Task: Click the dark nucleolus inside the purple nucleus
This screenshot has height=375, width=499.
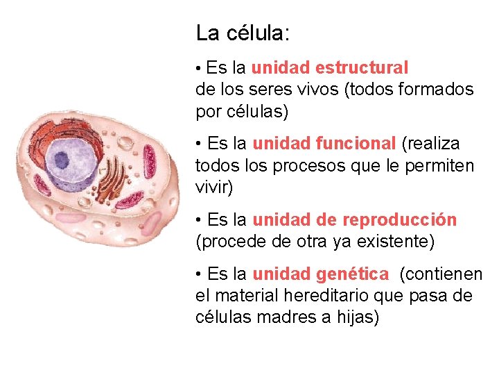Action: pyautogui.click(x=62, y=160)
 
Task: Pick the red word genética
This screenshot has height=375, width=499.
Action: pyautogui.click(x=353, y=275)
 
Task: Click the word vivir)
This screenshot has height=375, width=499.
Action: pyautogui.click(x=215, y=187)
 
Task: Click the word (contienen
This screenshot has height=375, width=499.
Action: pyautogui.click(x=441, y=275)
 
